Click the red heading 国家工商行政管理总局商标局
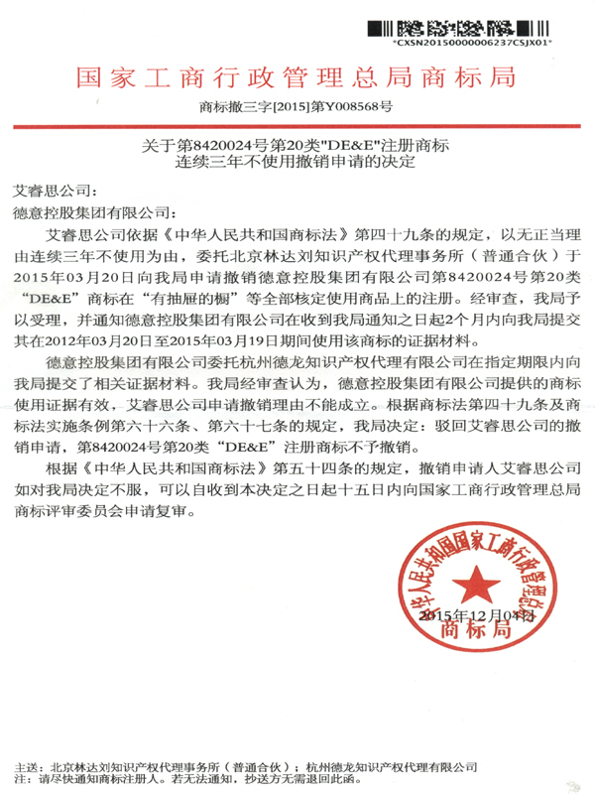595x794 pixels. coord(297,76)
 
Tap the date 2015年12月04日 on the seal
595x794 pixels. coord(480,616)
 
